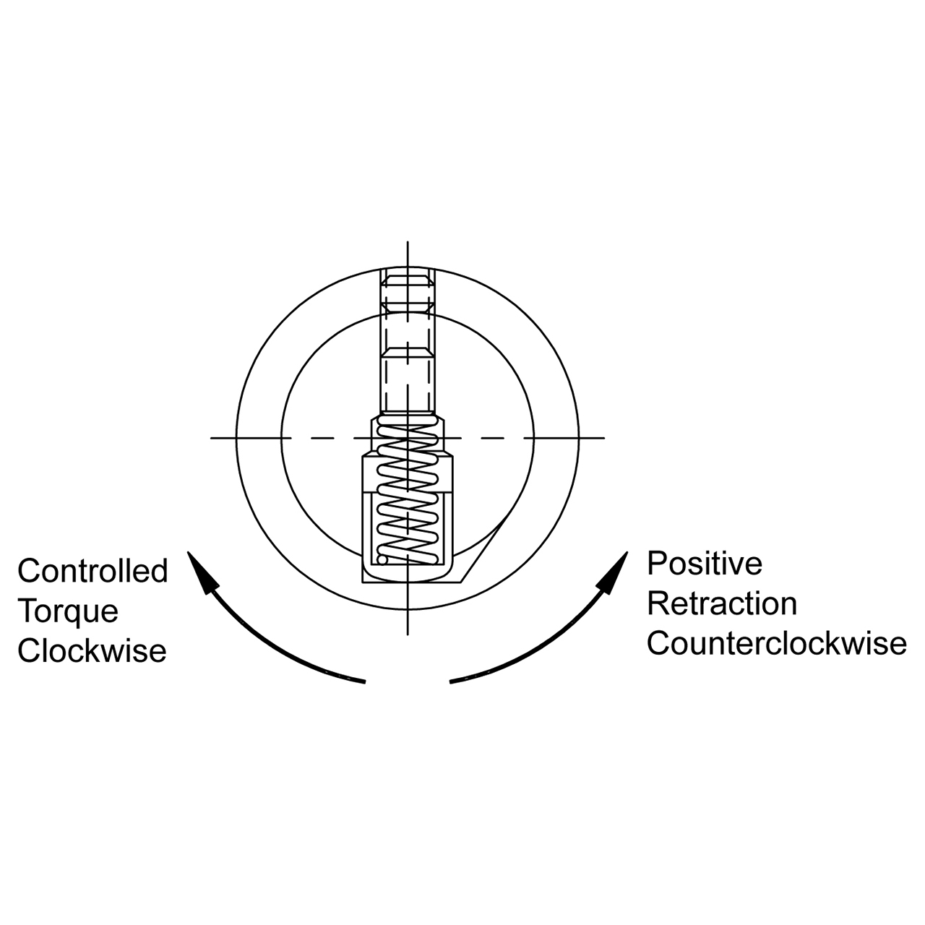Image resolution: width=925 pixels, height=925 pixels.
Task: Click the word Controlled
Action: pyautogui.click(x=92, y=571)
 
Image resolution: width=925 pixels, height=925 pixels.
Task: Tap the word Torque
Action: pyautogui.click(x=68, y=611)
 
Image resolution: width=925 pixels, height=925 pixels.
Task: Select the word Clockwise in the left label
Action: pyautogui.click(x=92, y=651)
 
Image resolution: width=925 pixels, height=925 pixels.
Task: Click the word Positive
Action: pyautogui.click(x=705, y=564)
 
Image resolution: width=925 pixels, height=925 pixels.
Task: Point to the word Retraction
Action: pyautogui.click(x=722, y=603)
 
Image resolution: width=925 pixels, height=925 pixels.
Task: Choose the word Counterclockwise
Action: pyautogui.click(x=776, y=643)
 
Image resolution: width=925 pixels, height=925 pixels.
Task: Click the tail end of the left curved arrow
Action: pyautogui.click(x=363, y=681)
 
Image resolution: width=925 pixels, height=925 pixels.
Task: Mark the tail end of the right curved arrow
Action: pyautogui.click(x=452, y=681)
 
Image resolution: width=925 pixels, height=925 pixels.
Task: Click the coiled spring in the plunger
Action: pyautogui.click(x=408, y=491)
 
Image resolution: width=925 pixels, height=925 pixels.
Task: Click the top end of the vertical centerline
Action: pyautogui.click(x=408, y=243)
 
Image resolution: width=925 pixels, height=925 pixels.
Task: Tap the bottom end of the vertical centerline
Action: pyautogui.click(x=408, y=634)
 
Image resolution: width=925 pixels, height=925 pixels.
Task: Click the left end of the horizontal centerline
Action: pyautogui.click(x=212, y=437)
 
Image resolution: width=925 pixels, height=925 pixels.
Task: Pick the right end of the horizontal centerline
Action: pyautogui.click(x=603, y=437)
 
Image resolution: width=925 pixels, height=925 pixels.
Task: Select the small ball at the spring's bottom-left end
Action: pyautogui.click(x=381, y=558)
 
